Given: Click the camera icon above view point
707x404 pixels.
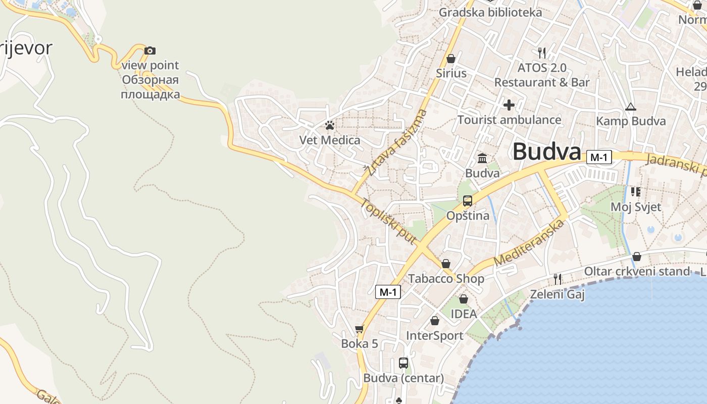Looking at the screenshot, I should coord(150,50).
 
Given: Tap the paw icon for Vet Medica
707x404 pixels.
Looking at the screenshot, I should coord(330,125).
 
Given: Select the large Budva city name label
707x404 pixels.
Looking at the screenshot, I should coord(547,151).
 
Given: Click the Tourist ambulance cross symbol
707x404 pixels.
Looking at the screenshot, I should coord(509,105).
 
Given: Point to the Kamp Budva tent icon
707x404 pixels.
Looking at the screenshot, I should coord(630,107).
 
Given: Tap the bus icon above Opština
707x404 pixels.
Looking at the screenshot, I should coord(468,201).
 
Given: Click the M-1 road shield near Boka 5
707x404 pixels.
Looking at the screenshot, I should coord(388,291).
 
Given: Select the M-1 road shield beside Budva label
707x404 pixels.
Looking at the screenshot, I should coord(599,158).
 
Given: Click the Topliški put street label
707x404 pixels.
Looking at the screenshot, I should coord(389,221).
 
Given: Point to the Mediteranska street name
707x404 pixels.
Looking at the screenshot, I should coord(529,242).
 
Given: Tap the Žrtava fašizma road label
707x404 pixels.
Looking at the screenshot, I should coord(396,143).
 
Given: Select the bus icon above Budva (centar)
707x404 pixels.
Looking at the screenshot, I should coord(403,363).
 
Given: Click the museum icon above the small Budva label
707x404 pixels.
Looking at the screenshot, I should coord(482,159).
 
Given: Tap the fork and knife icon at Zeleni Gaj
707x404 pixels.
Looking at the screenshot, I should coord(558,279).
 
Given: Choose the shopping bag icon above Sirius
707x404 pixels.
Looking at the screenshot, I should coord(451,59).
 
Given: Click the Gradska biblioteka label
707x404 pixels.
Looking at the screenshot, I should coord(490,12).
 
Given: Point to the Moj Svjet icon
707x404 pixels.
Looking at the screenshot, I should coord(635,192).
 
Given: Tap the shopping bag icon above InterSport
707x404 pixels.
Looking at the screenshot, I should coord(435,321).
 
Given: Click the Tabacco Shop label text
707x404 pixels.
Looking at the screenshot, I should coord(446,279).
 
